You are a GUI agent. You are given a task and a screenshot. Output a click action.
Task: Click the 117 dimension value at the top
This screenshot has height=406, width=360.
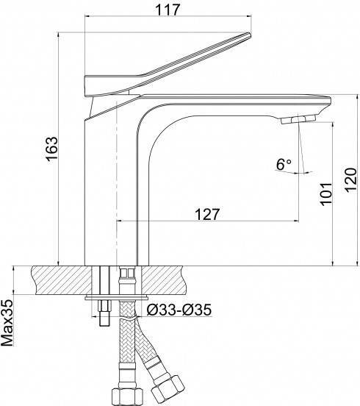coord(168,10)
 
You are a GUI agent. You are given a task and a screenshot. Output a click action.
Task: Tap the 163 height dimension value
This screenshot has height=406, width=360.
coord(52,149)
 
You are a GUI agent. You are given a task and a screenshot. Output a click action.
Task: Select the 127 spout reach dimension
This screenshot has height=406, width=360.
coord(207,214)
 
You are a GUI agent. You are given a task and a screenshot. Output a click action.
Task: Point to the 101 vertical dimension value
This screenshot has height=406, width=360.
coord(326,194)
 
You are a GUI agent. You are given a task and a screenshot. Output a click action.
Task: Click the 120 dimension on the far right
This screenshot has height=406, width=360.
coord(350,180)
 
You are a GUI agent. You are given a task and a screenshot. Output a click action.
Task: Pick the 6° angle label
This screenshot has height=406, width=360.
coord(284,165)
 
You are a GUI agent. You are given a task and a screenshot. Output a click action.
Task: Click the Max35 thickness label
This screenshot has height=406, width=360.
coord(7,323)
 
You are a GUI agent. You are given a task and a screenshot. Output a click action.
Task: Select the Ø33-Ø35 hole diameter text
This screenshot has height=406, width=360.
coord(179,310)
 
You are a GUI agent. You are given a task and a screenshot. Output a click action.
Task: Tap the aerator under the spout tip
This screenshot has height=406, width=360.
coord(298,120)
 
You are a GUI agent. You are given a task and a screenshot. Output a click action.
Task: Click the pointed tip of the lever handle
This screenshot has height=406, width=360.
coord(250,34)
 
